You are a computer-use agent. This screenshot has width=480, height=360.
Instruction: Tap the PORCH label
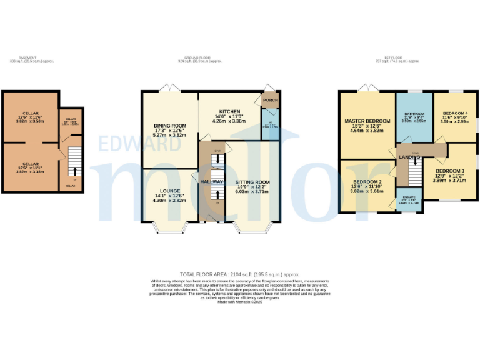[x=271, y=100]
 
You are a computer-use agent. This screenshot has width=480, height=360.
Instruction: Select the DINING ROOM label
[x=170, y=126]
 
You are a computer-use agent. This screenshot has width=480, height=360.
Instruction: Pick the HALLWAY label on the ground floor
[x=211, y=181]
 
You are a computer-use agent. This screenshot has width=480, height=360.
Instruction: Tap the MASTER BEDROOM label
[x=367, y=120]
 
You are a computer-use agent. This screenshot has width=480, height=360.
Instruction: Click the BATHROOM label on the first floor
[x=414, y=114]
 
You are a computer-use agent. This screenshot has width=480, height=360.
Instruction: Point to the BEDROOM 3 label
[x=450, y=171]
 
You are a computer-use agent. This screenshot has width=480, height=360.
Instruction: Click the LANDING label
[x=409, y=156]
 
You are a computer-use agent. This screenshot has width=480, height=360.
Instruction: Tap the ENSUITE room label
[x=411, y=197]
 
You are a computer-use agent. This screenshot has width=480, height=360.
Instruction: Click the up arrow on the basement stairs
[x=75, y=170]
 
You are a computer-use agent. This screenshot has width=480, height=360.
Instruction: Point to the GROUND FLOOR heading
[x=200, y=58]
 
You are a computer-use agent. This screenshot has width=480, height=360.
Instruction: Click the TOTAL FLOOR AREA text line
[x=239, y=274]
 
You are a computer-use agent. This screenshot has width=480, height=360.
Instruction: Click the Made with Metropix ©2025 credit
[x=239, y=302]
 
